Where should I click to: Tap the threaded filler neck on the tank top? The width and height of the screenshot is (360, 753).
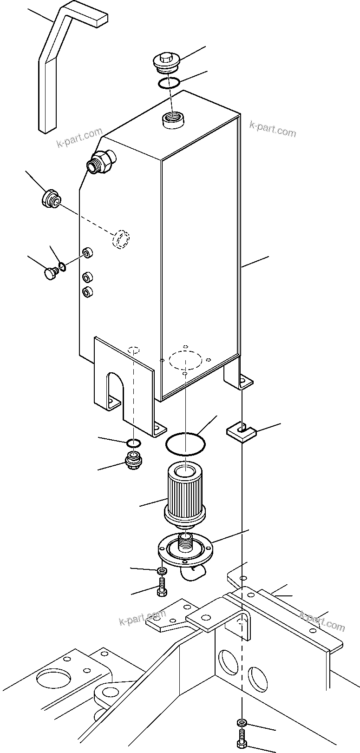pos(173,119)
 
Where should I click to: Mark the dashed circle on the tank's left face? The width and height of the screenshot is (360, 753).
pos(121,239)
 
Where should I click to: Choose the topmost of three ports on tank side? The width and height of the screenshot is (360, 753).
pos(88,253)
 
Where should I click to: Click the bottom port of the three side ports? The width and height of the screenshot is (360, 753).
pos(87,292)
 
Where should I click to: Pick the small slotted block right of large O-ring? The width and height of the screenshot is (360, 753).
pos(241,432)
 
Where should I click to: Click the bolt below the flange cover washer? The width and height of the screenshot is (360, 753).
pos(162,587)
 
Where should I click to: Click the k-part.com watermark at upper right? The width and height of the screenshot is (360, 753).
pos(272,129)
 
